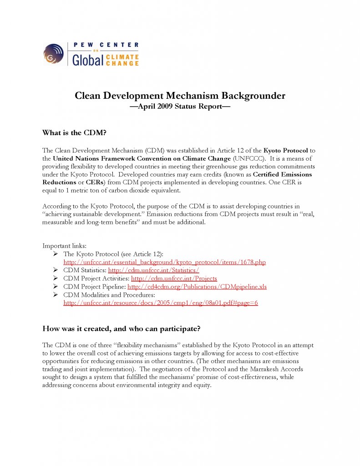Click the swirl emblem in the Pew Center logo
pyautogui.click(x=54, y=54)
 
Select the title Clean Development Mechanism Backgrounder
pyautogui.click(x=180, y=96)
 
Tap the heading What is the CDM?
pyautogui.click(x=74, y=133)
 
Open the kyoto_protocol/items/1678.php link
pyautogui.click(x=164, y=262)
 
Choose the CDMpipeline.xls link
pyautogui.click(x=197, y=286)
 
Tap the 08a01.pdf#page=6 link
pyautogui.click(x=161, y=303)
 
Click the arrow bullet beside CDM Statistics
pyautogui.click(x=55, y=270)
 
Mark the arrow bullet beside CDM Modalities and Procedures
pyautogui.click(x=55, y=294)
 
